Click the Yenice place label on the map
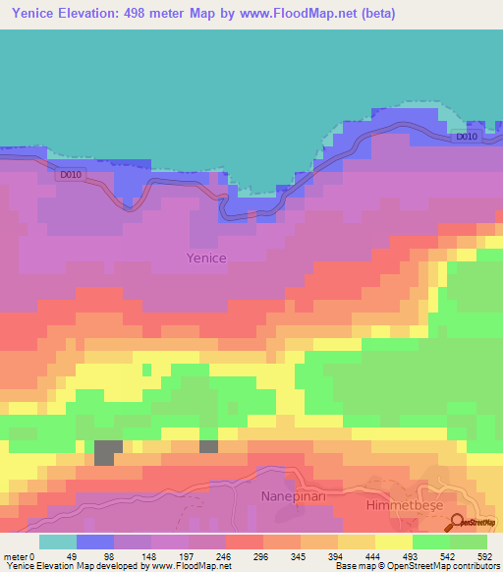(x=206, y=257)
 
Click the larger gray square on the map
(x=108, y=452)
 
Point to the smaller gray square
(x=208, y=446)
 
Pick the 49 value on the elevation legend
(x=71, y=555)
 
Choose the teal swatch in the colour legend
(x=58, y=542)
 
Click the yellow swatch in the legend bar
(x=393, y=542)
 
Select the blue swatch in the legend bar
(x=95, y=542)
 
